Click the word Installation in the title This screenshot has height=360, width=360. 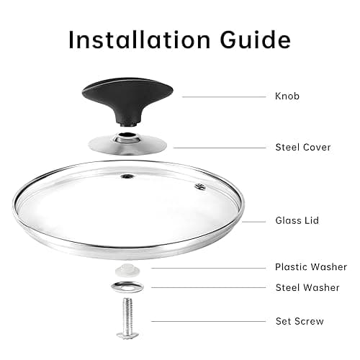pyautogui.click(x=140, y=40)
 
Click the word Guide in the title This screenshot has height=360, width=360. pyautogui.click(x=256, y=40)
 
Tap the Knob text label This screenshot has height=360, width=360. pyautogui.click(x=287, y=96)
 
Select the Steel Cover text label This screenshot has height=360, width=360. pyautogui.click(x=303, y=147)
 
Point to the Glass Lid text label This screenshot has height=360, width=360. pyautogui.click(x=297, y=220)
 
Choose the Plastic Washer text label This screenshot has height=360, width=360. pyautogui.click(x=311, y=267)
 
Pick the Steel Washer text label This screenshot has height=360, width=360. pyautogui.click(x=307, y=287)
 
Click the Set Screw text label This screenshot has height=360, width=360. pyautogui.click(x=300, y=321)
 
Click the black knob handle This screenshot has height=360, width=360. pyautogui.click(x=127, y=101)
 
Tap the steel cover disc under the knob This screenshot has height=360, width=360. pyautogui.click(x=127, y=146)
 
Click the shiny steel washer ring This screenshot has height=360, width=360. pyautogui.click(x=127, y=287)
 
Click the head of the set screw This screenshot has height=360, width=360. pyautogui.click(x=127, y=335)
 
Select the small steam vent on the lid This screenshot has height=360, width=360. pyautogui.click(x=200, y=186)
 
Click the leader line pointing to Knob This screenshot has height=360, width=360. pyautogui.click(x=224, y=97)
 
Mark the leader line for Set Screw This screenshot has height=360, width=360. pyautogui.click(x=209, y=321)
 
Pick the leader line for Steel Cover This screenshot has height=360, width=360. pyautogui.click(x=220, y=148)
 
